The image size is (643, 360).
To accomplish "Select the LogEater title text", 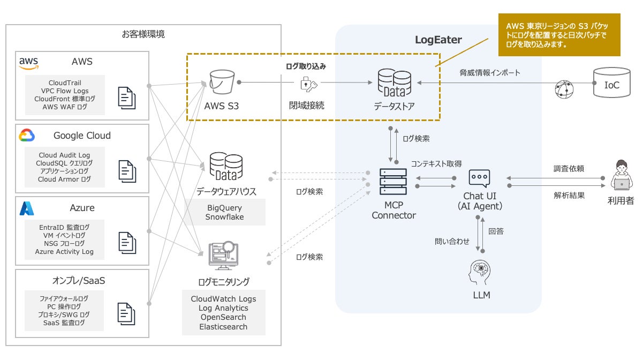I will coord(438,40).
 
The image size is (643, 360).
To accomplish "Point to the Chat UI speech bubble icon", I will coord(479,178).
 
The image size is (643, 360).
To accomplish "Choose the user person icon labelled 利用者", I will coord(621,175).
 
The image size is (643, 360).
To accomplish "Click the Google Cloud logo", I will coord(27,136).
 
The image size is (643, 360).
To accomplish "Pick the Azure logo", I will coord(27,208).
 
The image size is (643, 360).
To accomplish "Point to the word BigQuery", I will coord(224,208).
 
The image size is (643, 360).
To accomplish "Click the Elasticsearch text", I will coord(223,327).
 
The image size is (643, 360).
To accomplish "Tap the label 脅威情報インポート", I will coord(489,73).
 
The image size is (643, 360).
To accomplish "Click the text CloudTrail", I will coord(65,83).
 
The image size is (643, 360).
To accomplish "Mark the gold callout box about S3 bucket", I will coord(559,35).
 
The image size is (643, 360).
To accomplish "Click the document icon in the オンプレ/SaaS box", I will coord(126,314).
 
